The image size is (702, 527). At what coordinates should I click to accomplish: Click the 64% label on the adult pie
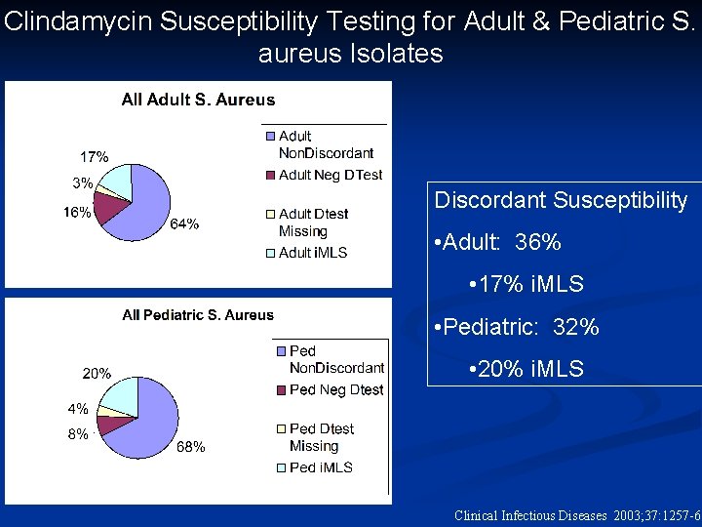185,223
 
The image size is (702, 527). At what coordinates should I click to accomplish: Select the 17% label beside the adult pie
94,156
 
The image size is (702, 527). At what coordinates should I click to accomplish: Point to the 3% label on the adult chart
82,182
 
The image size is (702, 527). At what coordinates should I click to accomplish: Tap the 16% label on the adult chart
77,212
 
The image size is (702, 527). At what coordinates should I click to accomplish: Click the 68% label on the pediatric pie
190,447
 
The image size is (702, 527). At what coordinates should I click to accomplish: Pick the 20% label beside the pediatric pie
96,373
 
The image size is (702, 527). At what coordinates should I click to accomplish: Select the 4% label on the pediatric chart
77,409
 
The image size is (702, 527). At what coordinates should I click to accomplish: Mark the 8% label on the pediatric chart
77,434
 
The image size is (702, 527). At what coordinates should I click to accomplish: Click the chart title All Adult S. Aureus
198,100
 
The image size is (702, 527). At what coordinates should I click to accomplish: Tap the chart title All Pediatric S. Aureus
198,314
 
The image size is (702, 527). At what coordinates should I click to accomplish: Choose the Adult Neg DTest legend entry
331,175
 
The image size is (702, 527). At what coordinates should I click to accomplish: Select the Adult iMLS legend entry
313,253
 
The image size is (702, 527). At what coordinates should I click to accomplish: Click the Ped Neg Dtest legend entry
336,389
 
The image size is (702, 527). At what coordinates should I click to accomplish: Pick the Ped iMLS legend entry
321,467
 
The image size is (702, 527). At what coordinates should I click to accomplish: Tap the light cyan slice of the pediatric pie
121,395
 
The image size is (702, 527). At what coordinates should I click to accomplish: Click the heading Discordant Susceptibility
561,200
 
